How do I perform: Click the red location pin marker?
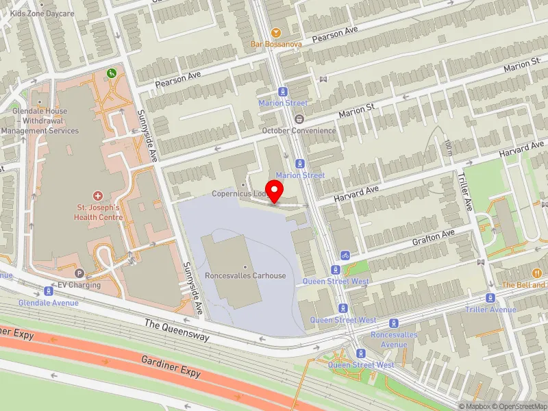click(275, 191)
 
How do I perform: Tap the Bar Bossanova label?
click(275, 45)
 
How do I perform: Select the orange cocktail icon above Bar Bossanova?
click(275, 32)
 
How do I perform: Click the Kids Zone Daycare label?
click(42, 14)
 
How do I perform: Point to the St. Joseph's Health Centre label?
click(98, 212)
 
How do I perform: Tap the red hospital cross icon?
click(98, 197)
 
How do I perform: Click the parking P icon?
click(79, 273)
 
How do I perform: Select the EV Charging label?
click(79, 285)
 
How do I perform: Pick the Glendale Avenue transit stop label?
click(48, 302)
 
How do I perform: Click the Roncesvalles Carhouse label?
click(245, 276)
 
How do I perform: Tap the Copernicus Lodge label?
click(239, 194)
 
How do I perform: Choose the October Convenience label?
click(299, 131)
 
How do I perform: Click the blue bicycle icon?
click(345, 256)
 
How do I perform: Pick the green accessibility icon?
click(110, 73)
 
